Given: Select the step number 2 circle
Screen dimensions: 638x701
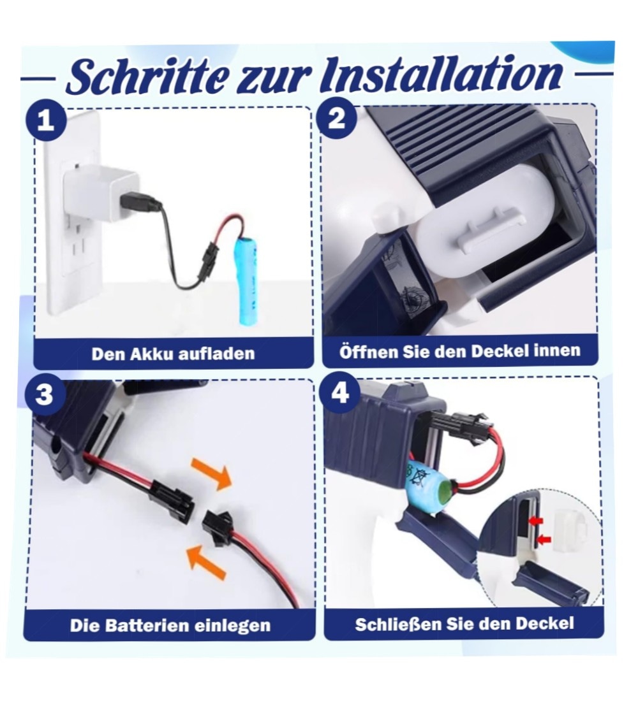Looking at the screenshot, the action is coord(337,118).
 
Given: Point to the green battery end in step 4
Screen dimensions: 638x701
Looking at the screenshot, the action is coord(443,495).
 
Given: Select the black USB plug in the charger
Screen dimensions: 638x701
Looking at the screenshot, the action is coord(140,203).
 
